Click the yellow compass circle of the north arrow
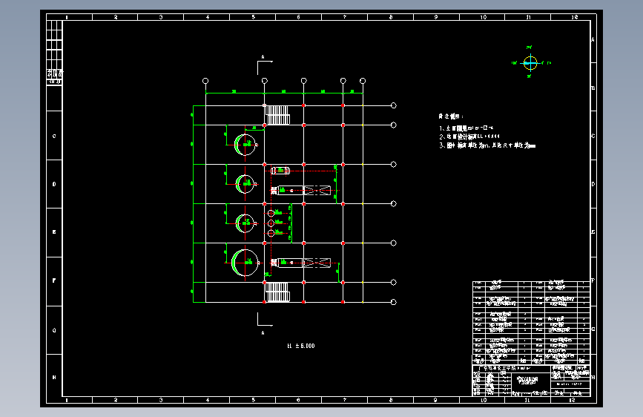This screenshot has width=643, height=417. point(530,64)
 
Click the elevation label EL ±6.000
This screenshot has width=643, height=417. point(300,346)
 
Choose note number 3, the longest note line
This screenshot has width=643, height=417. point(487,145)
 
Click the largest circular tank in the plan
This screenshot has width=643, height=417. point(245,262)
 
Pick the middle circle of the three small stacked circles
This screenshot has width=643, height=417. point(271,223)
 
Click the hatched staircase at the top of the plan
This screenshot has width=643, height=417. point(277,115)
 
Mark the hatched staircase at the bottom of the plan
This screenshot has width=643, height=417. point(277,292)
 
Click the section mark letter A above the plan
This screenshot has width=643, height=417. point(262,56)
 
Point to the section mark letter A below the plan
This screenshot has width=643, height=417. point(263,333)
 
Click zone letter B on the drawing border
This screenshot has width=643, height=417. point(593,88)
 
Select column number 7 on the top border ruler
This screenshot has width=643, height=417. point(344,16)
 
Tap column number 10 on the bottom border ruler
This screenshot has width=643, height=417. point(482,400)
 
